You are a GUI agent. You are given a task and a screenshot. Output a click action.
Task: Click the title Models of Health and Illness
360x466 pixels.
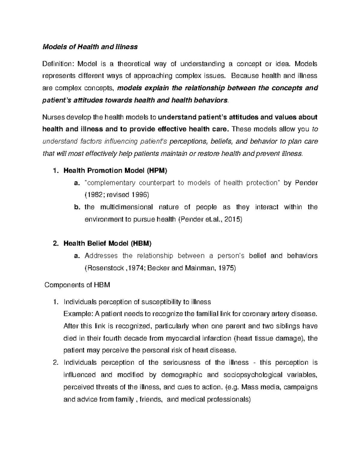[90, 47]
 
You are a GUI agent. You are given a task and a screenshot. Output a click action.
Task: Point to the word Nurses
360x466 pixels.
[52, 117]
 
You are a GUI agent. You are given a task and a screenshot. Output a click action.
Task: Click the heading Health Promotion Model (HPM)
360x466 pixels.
[115, 171]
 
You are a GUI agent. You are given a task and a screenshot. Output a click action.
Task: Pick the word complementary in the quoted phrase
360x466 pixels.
[110, 183]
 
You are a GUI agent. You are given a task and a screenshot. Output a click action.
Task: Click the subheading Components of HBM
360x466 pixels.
[77, 285]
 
